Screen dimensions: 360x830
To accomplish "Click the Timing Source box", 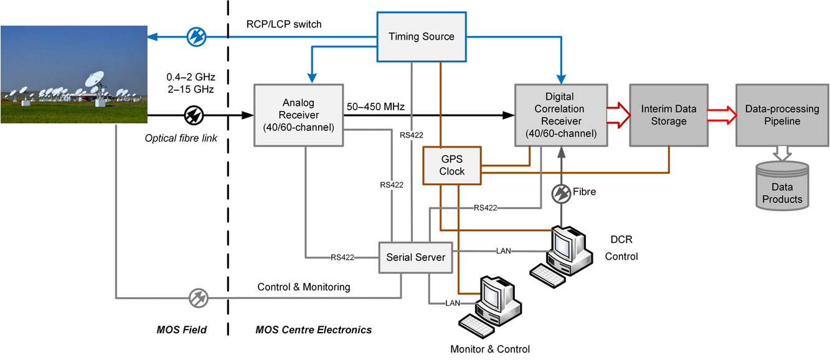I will coord(422,37).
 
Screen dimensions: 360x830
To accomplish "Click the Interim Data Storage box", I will coord(668,115).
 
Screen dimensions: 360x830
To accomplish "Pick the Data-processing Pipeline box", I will coord(781,115).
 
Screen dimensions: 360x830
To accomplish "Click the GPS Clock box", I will coord(452,165).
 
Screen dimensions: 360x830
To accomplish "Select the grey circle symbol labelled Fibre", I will coord(561,192).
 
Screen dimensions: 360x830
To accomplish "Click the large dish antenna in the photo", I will coord(94,83).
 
